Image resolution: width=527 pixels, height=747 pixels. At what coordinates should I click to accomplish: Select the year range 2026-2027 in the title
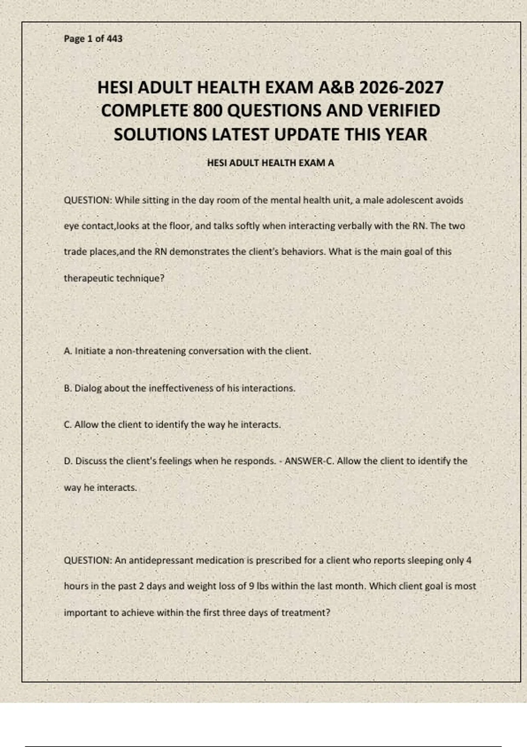coord(401,87)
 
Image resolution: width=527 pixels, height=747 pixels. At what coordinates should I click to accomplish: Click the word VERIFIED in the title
coord(404,111)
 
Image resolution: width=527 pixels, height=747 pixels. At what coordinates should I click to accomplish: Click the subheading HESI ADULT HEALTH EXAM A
coord(271,163)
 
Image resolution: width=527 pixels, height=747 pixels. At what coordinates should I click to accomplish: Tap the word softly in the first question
coord(248,226)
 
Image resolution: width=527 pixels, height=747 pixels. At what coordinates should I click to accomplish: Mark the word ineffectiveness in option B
coord(180,388)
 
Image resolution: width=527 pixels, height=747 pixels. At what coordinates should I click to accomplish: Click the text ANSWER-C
coord(309,461)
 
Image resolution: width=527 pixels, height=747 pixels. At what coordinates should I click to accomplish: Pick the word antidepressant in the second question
coord(161,561)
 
